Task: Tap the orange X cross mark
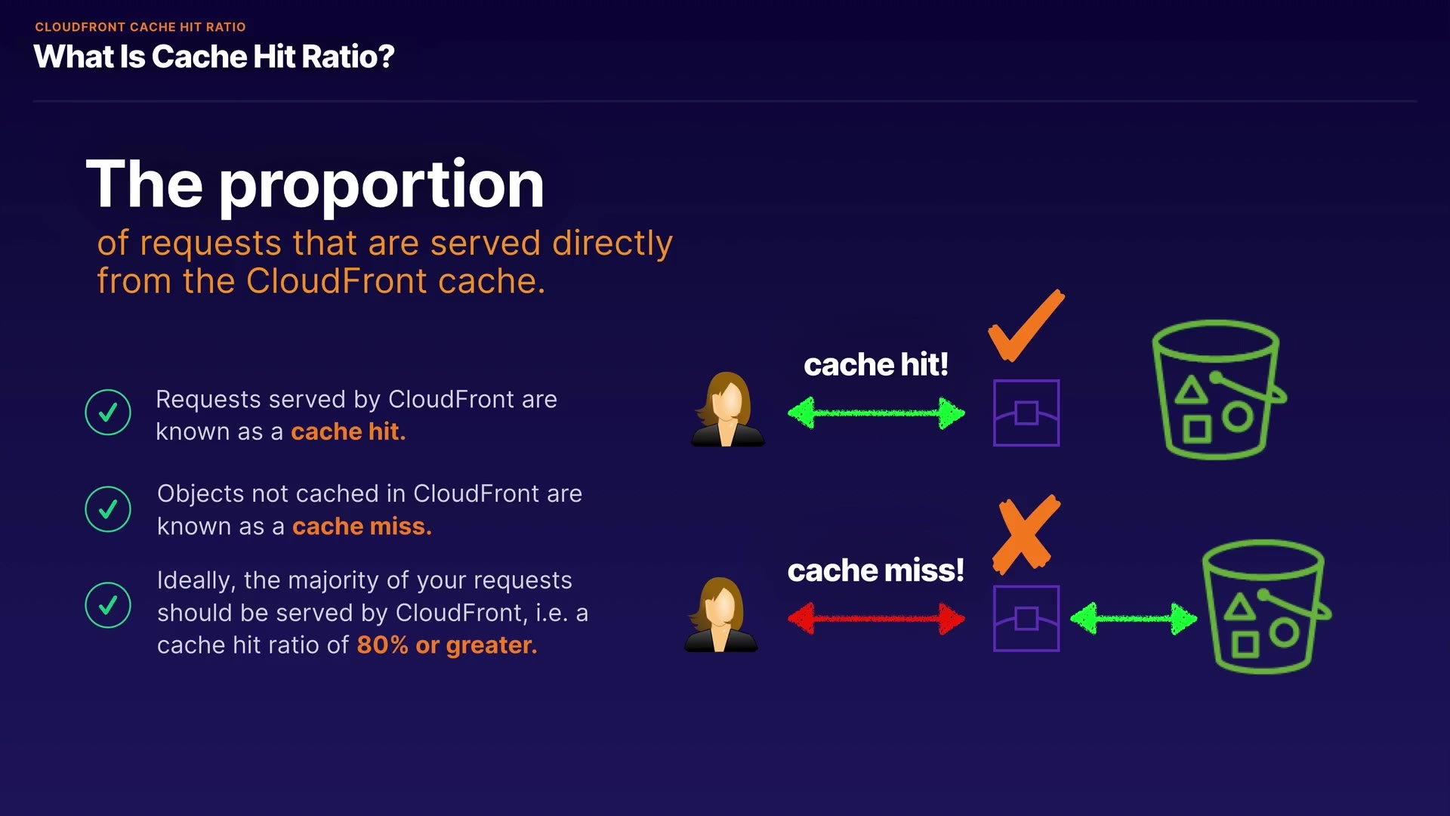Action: tap(1026, 534)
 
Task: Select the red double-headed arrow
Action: tap(876, 619)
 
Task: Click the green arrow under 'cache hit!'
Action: tap(876, 413)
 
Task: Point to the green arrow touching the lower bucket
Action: tap(1134, 619)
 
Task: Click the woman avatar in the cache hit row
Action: tap(727, 410)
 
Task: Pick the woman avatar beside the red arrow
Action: tap(720, 615)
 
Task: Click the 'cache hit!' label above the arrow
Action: tap(876, 365)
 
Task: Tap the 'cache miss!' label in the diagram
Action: tap(876, 570)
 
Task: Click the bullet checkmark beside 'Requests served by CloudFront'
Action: tap(108, 412)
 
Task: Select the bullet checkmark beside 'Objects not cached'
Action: tap(108, 508)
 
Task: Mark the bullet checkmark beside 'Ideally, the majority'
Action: tap(108, 604)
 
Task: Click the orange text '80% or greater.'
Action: tap(447, 645)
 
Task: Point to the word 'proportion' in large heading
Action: tap(381, 185)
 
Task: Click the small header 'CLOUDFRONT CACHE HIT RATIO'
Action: tap(140, 27)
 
